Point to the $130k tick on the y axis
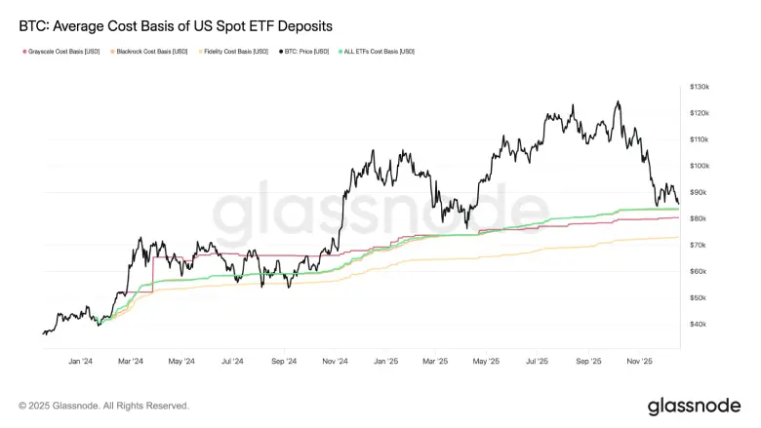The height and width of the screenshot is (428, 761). (699, 87)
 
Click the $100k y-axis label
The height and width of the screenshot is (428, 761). (699, 166)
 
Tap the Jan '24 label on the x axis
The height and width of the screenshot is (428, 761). (80, 361)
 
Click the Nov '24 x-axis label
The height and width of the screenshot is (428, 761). (335, 361)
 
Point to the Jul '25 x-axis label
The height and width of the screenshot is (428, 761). (538, 361)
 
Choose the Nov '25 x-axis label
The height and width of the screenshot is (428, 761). (640, 361)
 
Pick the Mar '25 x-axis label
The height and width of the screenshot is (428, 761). (436, 361)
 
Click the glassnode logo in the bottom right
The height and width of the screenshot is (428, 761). (696, 405)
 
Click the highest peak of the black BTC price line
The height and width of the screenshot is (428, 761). (617, 100)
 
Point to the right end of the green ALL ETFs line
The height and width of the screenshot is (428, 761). (678, 209)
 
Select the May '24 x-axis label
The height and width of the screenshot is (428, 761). (181, 361)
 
